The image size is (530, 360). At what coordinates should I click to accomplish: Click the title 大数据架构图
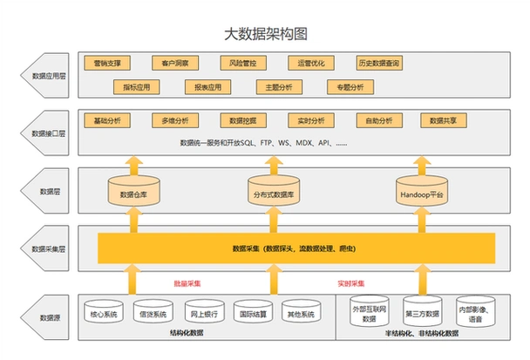pyautogui.click(x=266, y=34)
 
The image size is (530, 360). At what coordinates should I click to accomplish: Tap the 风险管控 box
pyautogui.click(x=243, y=64)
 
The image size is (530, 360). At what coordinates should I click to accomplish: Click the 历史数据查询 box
pyautogui.click(x=379, y=64)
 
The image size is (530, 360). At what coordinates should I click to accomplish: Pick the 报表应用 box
pyautogui.click(x=208, y=87)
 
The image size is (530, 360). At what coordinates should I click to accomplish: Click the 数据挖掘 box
pyautogui.click(x=243, y=119)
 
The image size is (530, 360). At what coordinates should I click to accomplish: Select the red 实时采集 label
pyautogui.click(x=350, y=283)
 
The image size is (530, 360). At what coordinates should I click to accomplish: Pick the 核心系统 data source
pyautogui.click(x=104, y=314)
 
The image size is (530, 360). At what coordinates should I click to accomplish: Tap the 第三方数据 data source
pyautogui.click(x=423, y=314)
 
